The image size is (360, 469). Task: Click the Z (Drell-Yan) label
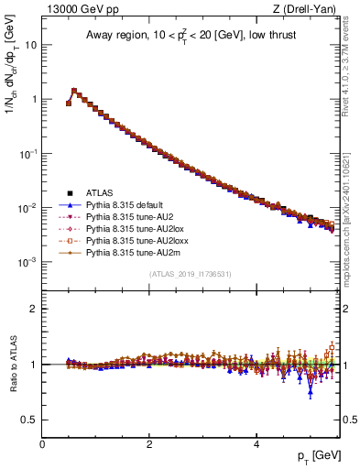pos(309,10)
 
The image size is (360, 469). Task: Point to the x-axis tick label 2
pos(149,442)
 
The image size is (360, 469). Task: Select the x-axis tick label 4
pos(256,442)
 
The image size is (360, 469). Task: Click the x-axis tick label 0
pos(42,442)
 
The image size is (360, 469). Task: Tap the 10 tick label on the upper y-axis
pos(30,44)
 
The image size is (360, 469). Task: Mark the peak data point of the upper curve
pos(74,91)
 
